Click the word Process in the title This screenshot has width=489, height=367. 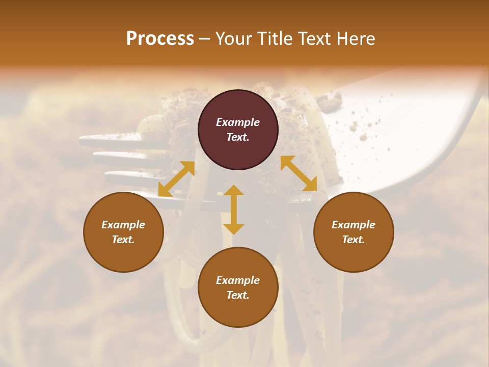pyautogui.click(x=160, y=39)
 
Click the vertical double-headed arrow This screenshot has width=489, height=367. pyautogui.click(x=234, y=209)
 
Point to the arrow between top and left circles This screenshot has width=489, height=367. pyautogui.click(x=177, y=179)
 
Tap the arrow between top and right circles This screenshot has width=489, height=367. pyautogui.click(x=299, y=173)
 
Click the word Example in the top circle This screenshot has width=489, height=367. pyautogui.click(x=238, y=122)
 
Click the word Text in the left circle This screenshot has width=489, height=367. pyautogui.click(x=123, y=240)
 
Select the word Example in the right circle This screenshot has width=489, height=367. pyautogui.click(x=354, y=225)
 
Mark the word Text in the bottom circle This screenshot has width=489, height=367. pyautogui.click(x=238, y=295)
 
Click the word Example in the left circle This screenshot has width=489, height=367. pyautogui.click(x=123, y=225)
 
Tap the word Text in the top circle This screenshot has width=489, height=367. pyautogui.click(x=238, y=137)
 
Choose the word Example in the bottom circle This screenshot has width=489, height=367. pyautogui.click(x=238, y=280)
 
